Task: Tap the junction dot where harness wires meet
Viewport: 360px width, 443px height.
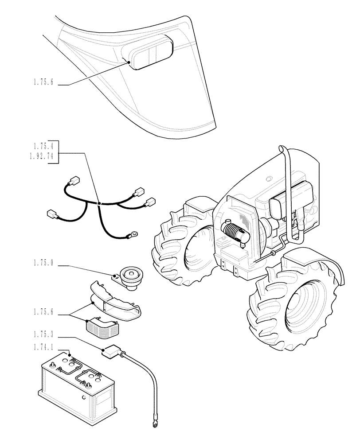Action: (100, 203)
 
